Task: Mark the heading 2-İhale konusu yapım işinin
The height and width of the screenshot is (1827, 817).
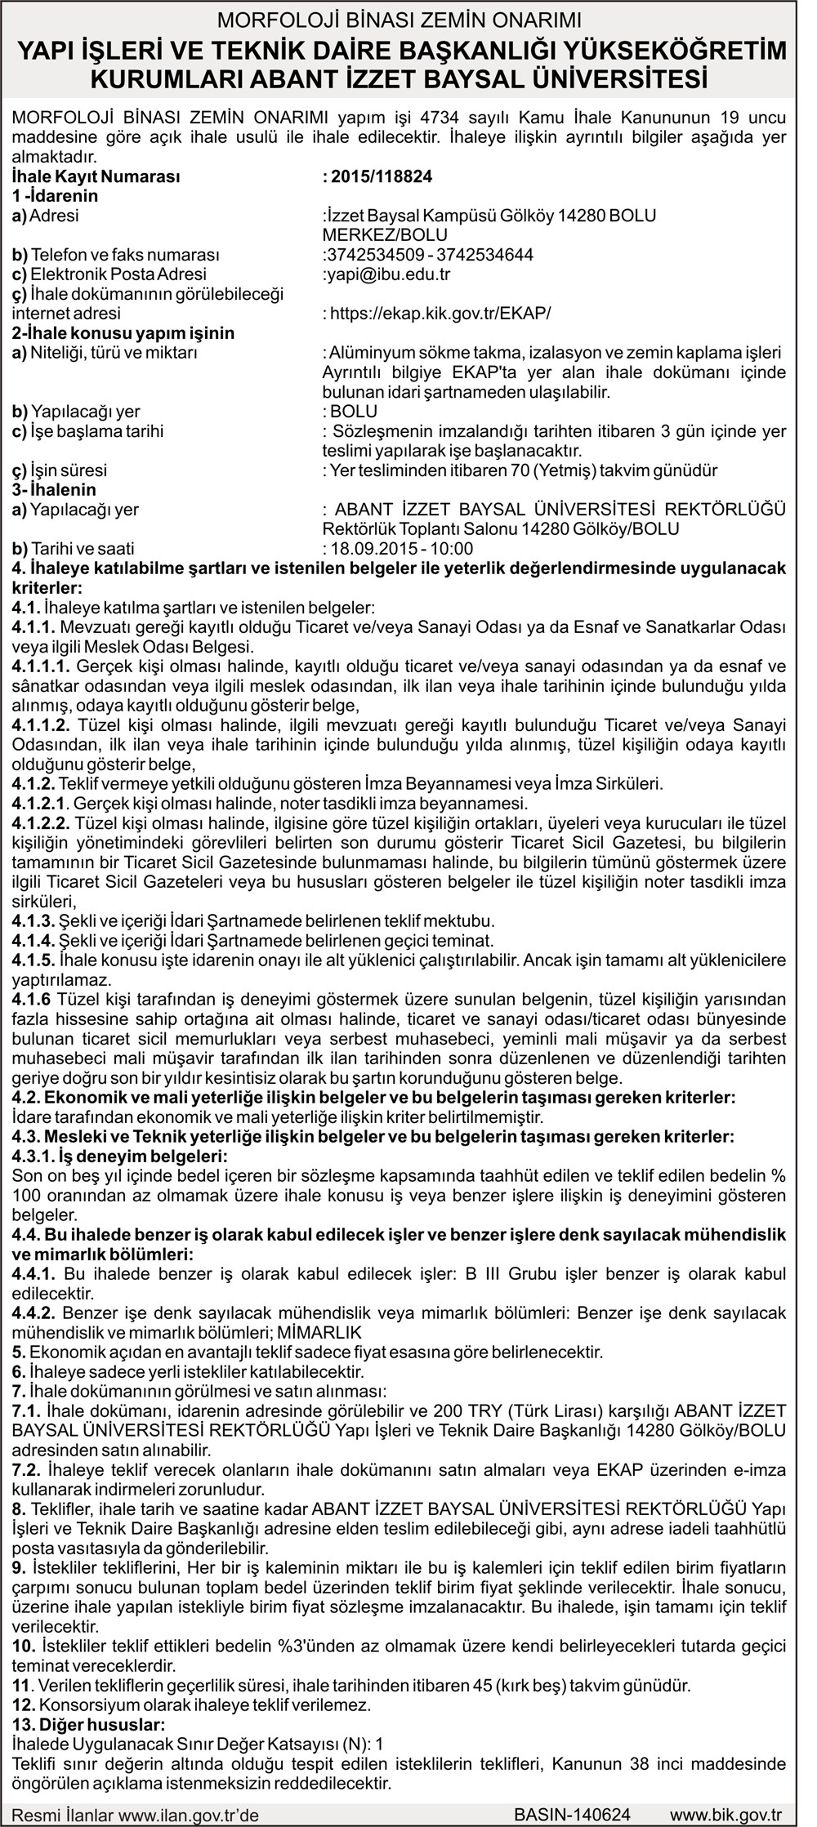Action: pos(111,333)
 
